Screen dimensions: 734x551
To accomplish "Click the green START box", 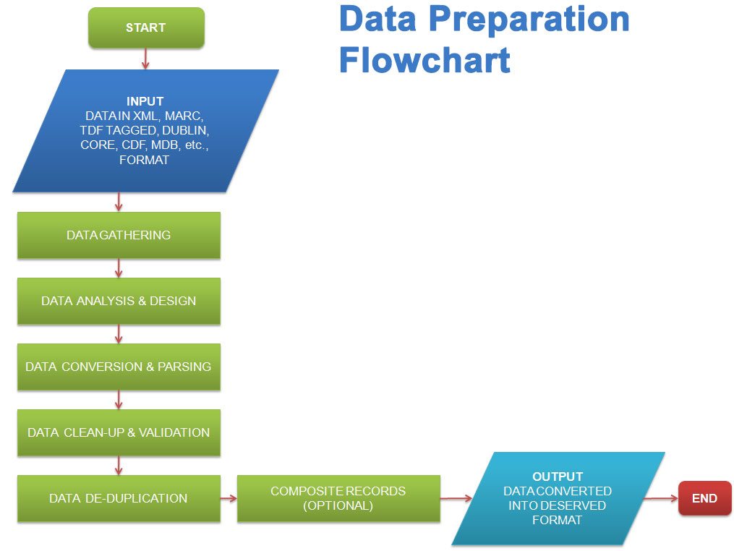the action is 146,27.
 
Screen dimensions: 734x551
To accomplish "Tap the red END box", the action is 704,498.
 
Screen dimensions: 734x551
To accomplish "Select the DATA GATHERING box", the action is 119,235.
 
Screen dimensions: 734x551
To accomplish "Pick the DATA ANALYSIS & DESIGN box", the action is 119,301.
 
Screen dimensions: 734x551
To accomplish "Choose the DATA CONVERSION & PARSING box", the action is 119,367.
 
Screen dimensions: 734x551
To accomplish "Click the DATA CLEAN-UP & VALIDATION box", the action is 119,432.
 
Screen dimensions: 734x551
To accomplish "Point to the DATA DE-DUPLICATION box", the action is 119,498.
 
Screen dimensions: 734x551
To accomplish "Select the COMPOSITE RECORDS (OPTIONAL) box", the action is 338,498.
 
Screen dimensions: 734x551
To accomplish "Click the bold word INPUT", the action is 145,101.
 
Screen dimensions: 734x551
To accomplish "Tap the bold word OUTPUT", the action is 558,477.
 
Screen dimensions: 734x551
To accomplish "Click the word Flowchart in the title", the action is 424,60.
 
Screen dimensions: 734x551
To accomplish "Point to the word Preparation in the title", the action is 529,20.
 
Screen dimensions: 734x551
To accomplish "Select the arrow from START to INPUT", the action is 145,59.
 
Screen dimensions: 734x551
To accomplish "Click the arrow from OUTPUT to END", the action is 661,498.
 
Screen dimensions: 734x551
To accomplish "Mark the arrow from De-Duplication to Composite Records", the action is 229,498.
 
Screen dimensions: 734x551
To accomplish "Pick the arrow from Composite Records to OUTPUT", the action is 456,498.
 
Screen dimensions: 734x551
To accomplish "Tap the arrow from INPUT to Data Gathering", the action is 119,202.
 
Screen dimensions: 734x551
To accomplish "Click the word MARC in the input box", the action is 184,116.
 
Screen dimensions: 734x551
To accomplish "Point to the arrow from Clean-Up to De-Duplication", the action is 119,466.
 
